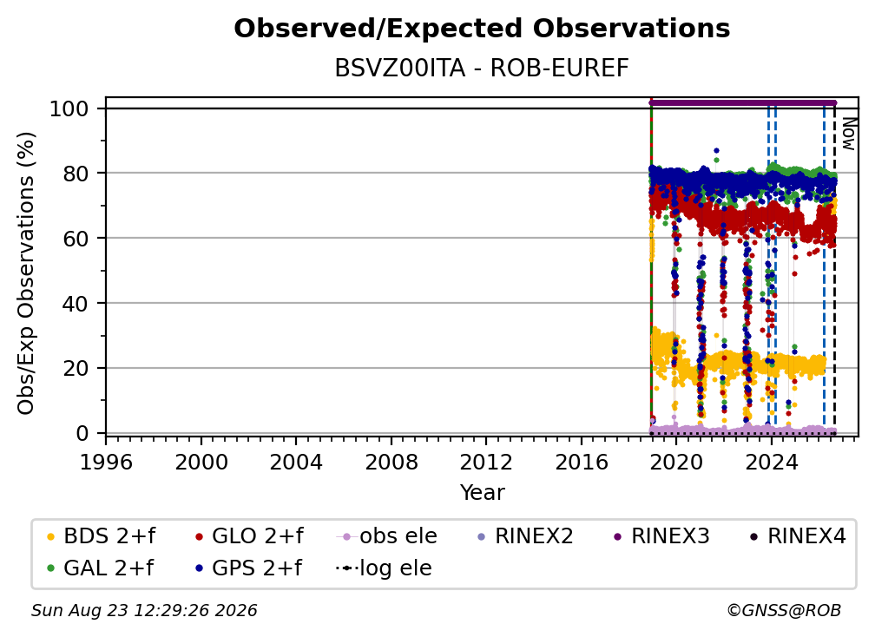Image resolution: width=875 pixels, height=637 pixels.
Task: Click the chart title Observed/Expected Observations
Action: [482, 29]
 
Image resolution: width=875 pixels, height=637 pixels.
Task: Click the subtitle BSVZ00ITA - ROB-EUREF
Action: [482, 69]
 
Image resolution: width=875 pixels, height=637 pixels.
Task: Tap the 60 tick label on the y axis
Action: [76, 239]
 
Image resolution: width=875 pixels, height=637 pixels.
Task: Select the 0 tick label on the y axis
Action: [82, 433]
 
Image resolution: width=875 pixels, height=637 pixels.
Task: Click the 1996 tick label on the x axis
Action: [106, 463]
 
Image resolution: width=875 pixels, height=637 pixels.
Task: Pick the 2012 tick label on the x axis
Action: [486, 463]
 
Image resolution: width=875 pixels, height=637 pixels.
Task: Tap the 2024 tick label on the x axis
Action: [771, 463]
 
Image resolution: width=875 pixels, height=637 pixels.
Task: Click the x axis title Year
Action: [482, 493]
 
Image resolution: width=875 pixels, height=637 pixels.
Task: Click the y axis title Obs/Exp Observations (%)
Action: [26, 273]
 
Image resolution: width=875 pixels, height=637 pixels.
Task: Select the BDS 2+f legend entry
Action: [101, 536]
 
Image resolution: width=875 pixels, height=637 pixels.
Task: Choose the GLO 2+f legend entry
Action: [249, 536]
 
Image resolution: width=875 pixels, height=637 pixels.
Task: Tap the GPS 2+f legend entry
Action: [248, 568]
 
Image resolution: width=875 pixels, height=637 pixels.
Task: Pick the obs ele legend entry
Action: [387, 536]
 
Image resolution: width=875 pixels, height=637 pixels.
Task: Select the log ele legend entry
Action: [384, 568]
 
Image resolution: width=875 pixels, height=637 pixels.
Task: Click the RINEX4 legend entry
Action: [798, 536]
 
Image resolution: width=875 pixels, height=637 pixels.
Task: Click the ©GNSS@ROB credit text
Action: [784, 611]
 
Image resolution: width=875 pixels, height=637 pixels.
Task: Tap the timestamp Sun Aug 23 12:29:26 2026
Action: [144, 611]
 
